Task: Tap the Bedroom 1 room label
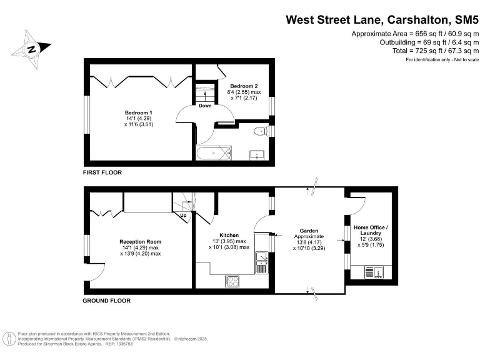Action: (139, 118)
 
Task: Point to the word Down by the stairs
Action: (205, 106)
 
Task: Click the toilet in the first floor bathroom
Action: (260, 131)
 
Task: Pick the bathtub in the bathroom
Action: (213, 152)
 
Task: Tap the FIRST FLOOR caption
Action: (102, 172)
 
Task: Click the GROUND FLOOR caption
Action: (107, 301)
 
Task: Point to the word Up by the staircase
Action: (183, 216)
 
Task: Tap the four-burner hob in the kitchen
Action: (232, 281)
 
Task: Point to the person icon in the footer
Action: (10, 339)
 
